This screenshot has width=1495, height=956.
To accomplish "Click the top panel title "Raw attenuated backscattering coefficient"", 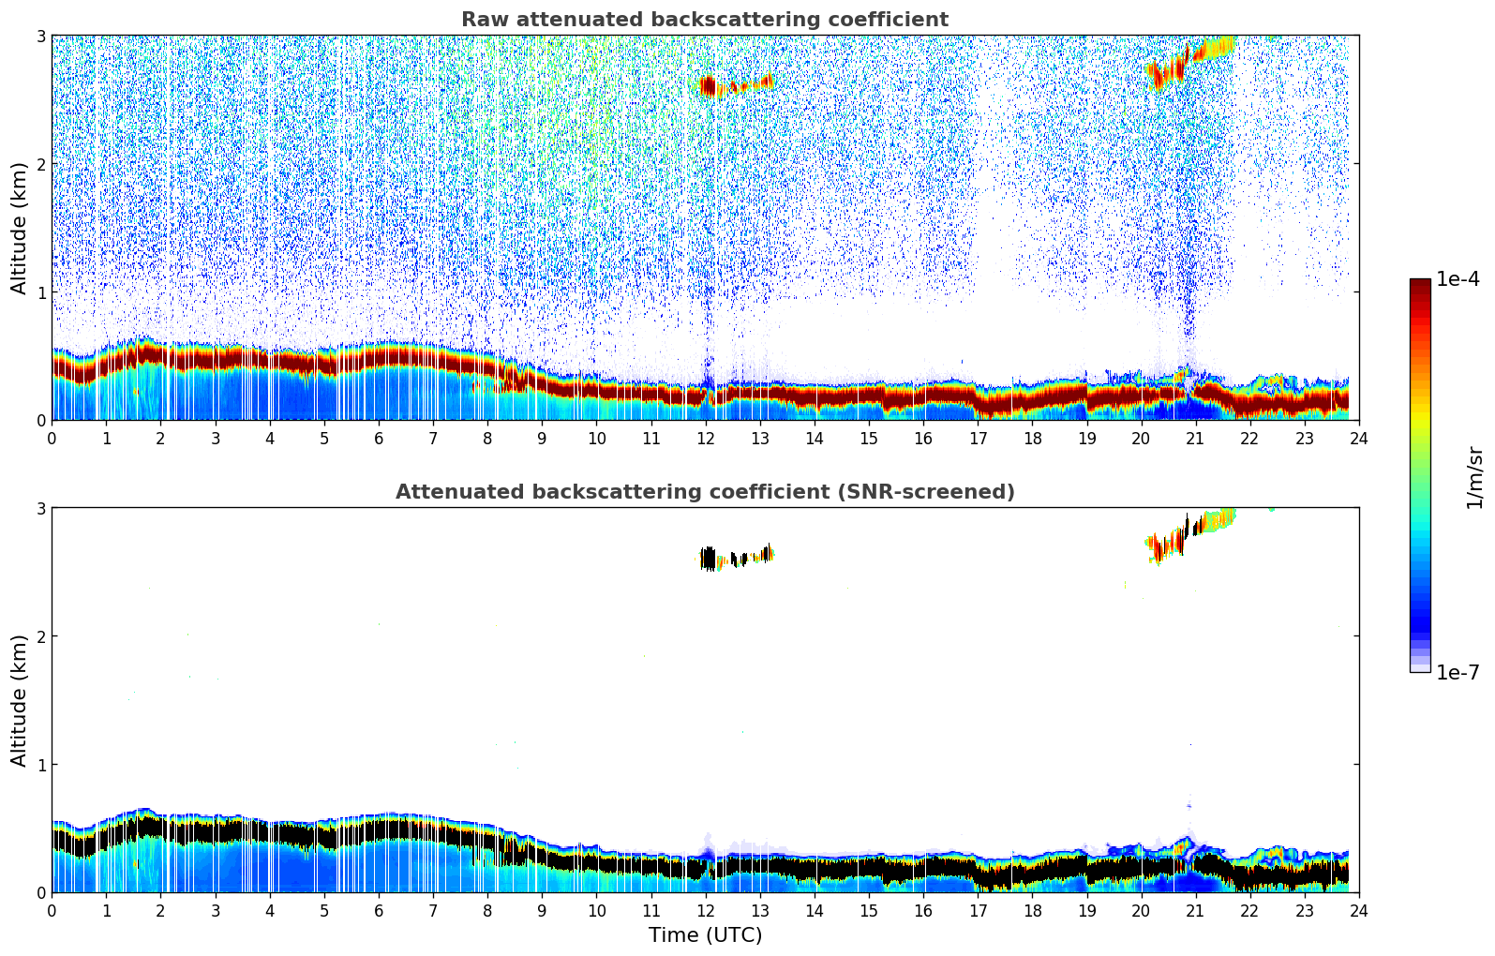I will pos(705,20).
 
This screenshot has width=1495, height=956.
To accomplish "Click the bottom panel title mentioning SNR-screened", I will pos(705,492).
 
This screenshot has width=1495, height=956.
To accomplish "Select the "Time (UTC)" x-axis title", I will pos(705,934).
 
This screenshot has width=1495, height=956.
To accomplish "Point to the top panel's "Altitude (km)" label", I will pos(20,228).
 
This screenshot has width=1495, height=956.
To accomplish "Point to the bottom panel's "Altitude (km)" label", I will pos(20,700).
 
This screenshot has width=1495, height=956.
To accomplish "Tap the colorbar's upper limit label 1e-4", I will pos(1458,279).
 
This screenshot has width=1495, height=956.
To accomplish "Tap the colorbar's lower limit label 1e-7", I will pos(1458,672).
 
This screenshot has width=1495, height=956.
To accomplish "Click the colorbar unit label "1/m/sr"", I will pos(1474,478).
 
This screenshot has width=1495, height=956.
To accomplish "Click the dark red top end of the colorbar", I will pos(1420,284).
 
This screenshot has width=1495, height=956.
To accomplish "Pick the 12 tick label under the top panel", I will pos(705,439).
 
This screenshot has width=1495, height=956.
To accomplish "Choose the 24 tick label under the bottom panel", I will pos(1358,911).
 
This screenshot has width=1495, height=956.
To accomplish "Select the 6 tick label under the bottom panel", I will pos(379,911).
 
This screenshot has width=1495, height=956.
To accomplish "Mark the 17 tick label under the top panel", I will pos(978,439).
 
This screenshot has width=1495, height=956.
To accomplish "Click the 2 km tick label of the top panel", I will pos(41,164).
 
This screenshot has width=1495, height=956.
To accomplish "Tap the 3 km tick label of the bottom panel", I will pos(41,508).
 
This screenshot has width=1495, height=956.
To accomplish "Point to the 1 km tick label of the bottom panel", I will pos(41,765).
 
